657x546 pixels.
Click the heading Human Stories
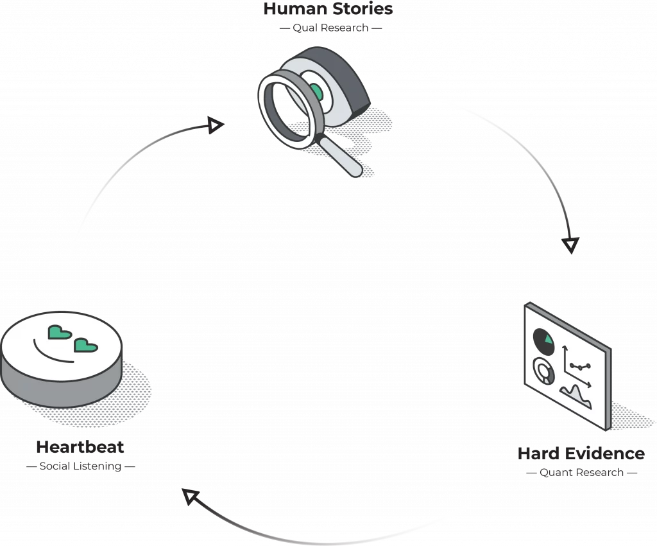click(x=328, y=9)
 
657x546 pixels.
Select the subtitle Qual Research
click(x=330, y=28)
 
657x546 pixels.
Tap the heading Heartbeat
click(x=80, y=447)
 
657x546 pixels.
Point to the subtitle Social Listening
click(x=80, y=466)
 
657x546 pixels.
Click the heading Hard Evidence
click(x=581, y=454)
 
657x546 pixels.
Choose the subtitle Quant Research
click(x=581, y=473)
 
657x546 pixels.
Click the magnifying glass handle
click(x=341, y=157)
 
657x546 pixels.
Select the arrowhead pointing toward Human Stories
click(x=216, y=125)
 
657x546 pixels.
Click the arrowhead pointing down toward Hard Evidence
click(x=570, y=245)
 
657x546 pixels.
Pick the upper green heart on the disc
click(x=60, y=332)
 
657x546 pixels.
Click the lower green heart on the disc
click(x=85, y=345)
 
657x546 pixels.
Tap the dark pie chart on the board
click(x=544, y=341)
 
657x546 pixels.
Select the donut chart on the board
click(x=544, y=371)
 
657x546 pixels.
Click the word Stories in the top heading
click(x=363, y=9)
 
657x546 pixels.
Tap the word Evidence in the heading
click(x=606, y=454)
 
